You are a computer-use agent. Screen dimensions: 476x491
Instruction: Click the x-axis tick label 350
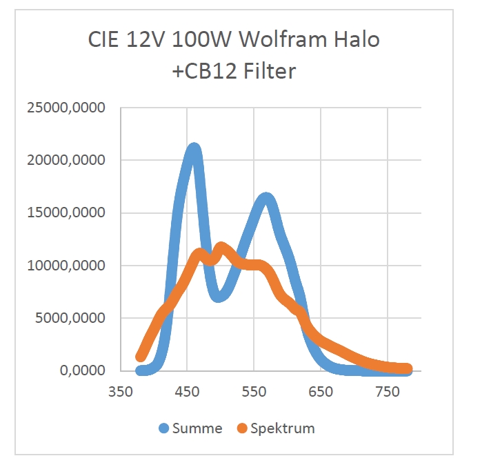[x=120, y=392]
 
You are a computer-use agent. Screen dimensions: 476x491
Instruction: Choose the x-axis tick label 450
[x=187, y=392]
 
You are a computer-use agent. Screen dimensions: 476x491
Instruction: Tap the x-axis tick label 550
[x=254, y=392]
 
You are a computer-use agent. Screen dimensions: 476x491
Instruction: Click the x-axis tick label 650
[x=321, y=392]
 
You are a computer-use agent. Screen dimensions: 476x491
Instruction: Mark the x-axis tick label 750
[x=388, y=392]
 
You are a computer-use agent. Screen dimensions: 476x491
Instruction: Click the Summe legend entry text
[x=199, y=428]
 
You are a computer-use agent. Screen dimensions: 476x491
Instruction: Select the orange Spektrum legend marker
[x=241, y=428]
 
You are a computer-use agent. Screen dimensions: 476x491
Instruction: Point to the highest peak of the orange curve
[x=221, y=248]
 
